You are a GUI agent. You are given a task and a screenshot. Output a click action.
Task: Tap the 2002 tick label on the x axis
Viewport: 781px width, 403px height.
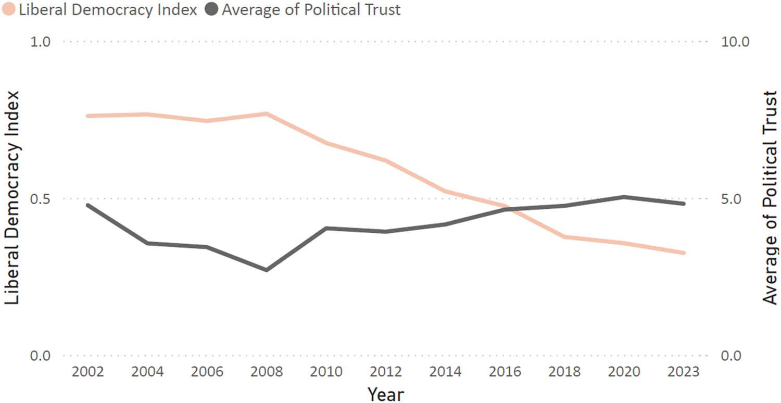coord(88,373)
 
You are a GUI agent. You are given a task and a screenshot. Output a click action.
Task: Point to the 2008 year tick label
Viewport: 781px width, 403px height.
coord(267,373)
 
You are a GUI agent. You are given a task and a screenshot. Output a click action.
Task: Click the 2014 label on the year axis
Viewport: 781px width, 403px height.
coord(446,373)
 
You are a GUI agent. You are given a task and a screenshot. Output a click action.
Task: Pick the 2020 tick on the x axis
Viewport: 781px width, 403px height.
coord(624,373)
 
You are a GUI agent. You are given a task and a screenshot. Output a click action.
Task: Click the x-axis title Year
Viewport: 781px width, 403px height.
coord(385,394)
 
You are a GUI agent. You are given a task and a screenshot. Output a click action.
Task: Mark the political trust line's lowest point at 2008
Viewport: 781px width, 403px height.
coord(267,270)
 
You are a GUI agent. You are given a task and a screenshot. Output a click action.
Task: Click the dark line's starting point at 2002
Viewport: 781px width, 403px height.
coord(88,205)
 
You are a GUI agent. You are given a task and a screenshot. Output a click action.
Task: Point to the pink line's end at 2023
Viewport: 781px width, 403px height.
coord(684,253)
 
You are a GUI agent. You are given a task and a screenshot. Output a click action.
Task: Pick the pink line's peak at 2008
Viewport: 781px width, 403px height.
coord(267,114)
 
